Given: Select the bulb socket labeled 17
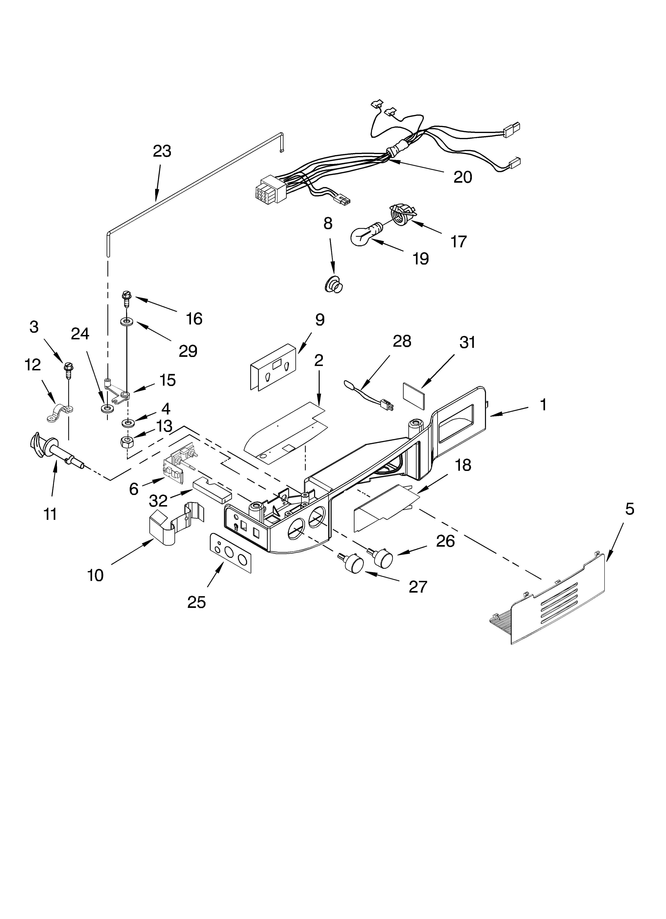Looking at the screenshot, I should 401,213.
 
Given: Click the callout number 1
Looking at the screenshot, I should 543,405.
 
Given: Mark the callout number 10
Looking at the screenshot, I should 96,575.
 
